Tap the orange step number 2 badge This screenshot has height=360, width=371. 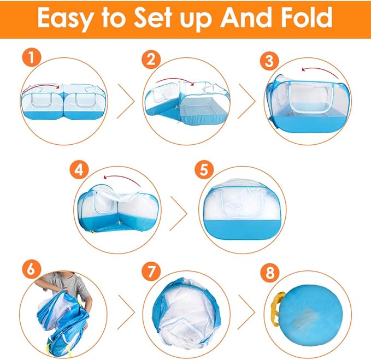tap(151, 60)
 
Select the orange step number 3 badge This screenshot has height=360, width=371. tap(270, 61)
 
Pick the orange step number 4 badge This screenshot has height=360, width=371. tap(79, 170)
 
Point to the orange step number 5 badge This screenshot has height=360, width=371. tap(204, 170)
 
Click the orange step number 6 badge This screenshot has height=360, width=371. tap(32, 269)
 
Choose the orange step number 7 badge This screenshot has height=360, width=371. tap(151, 272)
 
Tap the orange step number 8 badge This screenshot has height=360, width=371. tap(270, 272)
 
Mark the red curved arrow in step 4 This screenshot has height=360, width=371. tap(122, 178)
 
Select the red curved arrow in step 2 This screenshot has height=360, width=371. tap(175, 80)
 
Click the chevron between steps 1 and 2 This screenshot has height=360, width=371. tap(126, 101)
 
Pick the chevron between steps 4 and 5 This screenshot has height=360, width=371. tap(179, 214)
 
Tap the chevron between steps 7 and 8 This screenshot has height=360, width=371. tap(246, 312)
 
